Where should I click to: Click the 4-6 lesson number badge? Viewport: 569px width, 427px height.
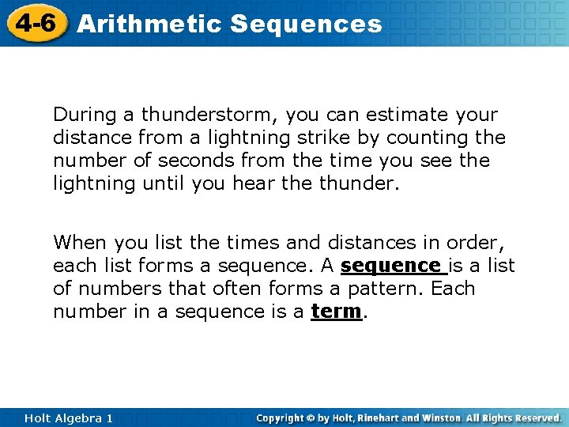pyautogui.click(x=32, y=23)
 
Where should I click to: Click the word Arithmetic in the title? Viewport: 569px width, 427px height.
pyautogui.click(x=149, y=24)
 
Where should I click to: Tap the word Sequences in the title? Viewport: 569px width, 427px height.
pyautogui.click(x=306, y=24)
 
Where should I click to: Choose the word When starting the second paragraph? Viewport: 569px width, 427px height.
pyautogui.click(x=80, y=243)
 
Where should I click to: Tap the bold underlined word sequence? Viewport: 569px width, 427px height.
pyautogui.click(x=394, y=266)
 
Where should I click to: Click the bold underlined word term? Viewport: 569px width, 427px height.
pyautogui.click(x=337, y=312)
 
